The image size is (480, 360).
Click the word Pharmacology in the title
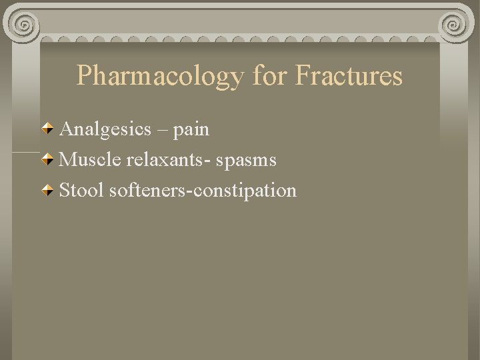coord(160,77)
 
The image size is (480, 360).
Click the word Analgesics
coord(105,129)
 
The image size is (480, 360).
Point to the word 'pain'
coord(191,129)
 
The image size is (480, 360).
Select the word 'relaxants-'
coord(168,160)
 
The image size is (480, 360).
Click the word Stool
coord(81,191)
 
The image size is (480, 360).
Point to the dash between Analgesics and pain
coord(162,130)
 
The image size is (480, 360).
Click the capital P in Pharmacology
coord(84,75)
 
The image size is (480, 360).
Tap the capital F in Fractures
coord(301,75)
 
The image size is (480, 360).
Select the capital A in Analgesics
coord(66,129)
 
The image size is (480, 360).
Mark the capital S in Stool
coord(65,191)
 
